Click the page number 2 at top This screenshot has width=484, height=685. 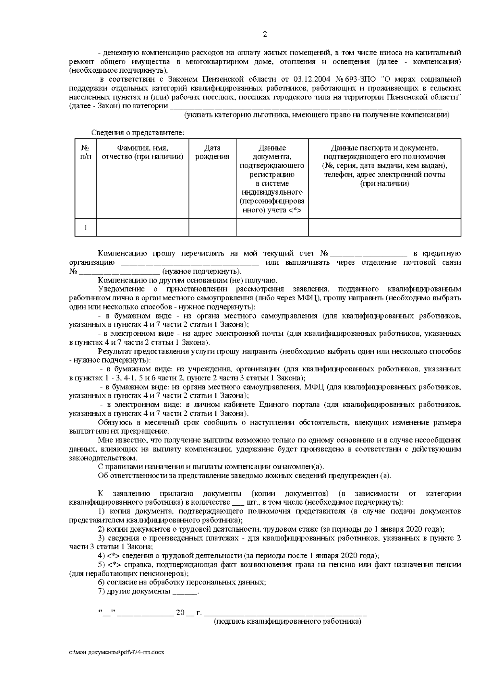pos(265,35)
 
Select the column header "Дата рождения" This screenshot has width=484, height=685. pos(212,152)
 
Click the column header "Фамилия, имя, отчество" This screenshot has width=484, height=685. pos(142,152)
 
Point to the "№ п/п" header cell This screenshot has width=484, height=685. pos(86,152)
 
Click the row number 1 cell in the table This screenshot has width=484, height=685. pos(86,228)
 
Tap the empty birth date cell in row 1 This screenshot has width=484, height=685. pos(212,228)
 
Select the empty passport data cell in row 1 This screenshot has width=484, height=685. pos(384,228)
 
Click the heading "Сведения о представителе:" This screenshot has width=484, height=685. pos(138,133)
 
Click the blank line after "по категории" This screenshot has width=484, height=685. pos(307,107)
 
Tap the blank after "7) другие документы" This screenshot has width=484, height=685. pos(185,592)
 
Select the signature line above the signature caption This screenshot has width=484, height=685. pos(286,614)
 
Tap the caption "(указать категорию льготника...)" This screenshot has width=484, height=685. pos(317,115)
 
